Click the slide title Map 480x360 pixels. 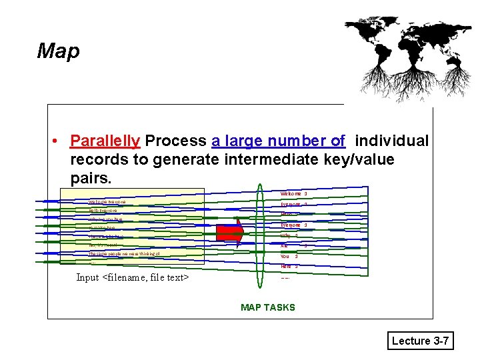point(58,51)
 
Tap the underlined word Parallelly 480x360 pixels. point(105,141)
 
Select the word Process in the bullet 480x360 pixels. point(175,141)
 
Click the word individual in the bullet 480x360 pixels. point(391,141)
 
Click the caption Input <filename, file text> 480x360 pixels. point(133,277)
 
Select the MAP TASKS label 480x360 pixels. point(267,307)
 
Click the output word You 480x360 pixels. point(285,256)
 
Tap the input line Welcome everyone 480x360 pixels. point(107,202)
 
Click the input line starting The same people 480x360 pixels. point(124,254)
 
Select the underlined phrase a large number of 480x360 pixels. point(278,141)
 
